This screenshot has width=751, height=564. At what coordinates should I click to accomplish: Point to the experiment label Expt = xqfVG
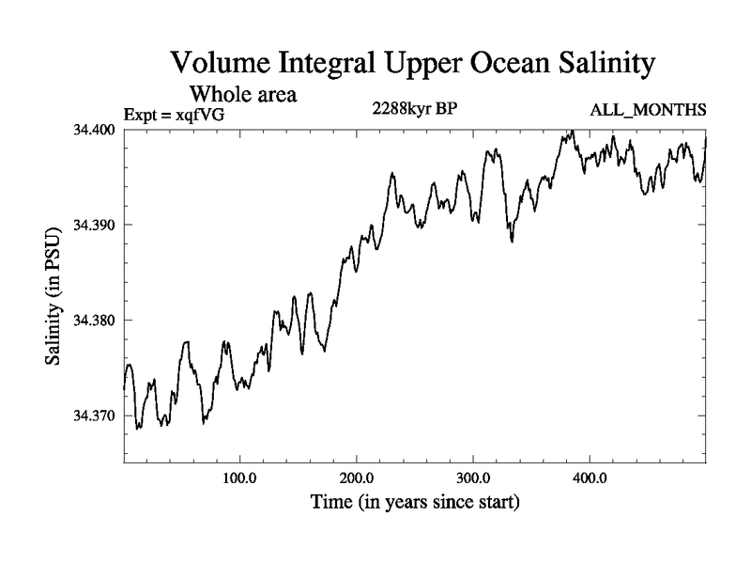point(175,115)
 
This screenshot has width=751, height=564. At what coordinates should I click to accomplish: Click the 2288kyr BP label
point(415,107)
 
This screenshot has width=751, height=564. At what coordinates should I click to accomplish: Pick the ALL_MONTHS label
point(648,111)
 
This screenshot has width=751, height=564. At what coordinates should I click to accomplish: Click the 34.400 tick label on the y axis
point(97,129)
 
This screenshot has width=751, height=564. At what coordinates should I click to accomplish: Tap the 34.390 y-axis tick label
point(97,225)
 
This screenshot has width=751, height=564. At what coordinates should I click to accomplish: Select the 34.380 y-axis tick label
point(97,321)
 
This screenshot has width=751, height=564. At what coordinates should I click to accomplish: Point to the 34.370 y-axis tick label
point(97,415)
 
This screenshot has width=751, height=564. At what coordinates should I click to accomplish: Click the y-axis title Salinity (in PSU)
point(55,295)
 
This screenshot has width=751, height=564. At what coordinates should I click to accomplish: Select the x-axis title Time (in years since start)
point(415,503)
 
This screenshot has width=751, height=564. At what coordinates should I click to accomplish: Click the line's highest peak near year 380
point(569,131)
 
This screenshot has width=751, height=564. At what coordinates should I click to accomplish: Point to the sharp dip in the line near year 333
point(512,242)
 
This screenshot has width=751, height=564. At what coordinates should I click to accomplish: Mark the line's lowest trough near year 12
point(138,429)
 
